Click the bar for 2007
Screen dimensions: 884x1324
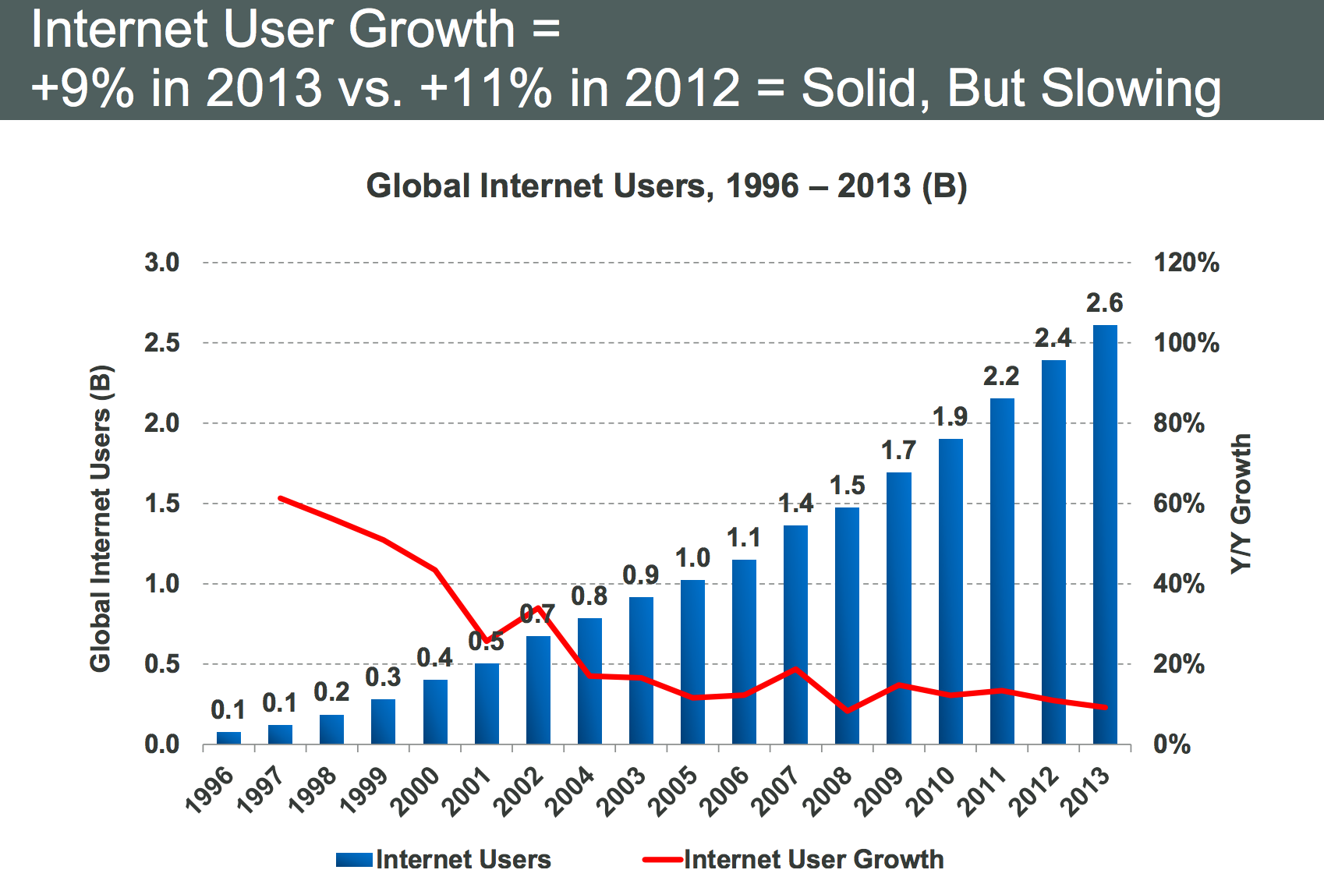pos(795,635)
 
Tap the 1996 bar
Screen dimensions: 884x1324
pos(228,737)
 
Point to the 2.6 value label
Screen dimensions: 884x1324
pos(1104,302)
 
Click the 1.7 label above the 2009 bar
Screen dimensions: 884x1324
pos(898,450)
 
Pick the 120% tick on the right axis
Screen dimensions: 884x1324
pos(1186,263)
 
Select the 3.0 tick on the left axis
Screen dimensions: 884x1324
pos(162,263)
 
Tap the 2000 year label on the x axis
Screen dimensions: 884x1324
pos(420,789)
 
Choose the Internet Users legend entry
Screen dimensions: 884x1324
pos(444,859)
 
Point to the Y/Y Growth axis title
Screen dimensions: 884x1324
pos(1241,504)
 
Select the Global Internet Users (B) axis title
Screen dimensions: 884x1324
pos(101,518)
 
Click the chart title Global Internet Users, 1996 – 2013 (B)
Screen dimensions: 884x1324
pos(667,186)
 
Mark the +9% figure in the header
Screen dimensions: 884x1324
pos(83,87)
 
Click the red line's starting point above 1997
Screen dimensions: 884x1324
pos(280,497)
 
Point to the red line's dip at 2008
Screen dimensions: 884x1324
pos(847,711)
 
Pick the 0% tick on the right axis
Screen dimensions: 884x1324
pos(1172,744)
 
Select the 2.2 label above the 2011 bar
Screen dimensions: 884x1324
pos(1001,377)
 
